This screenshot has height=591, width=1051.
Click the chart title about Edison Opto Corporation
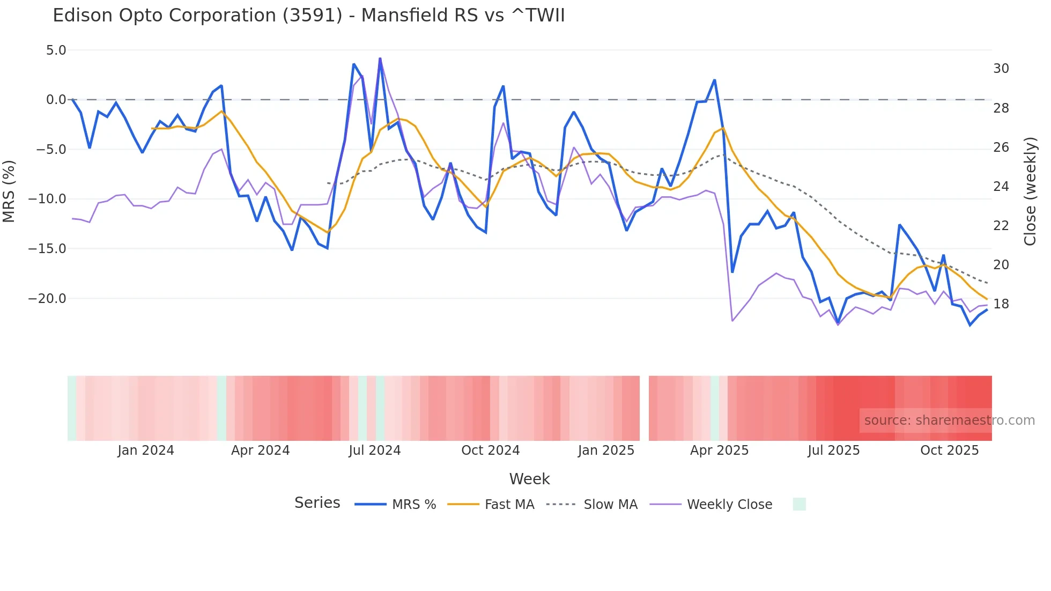click(x=309, y=16)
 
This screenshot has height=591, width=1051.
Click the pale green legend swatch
click(x=799, y=505)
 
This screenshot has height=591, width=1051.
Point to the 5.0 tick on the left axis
click(x=56, y=50)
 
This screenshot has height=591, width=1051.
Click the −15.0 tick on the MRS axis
click(x=47, y=249)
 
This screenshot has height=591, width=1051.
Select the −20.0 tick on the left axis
click(x=47, y=299)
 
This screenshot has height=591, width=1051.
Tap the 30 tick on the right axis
click(x=1001, y=69)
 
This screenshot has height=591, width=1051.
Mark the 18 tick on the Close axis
click(x=1001, y=304)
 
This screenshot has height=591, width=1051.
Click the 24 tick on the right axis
click(x=1001, y=187)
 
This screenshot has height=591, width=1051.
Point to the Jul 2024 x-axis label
click(x=375, y=450)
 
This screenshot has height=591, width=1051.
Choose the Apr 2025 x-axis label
click(x=719, y=450)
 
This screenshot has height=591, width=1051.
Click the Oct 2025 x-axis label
click(x=949, y=450)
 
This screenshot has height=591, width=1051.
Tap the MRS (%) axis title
click(x=9, y=191)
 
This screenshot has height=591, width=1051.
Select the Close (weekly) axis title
click(x=1030, y=191)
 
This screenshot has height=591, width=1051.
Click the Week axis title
click(x=529, y=479)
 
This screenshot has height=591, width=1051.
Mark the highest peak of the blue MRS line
click(x=380, y=58)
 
